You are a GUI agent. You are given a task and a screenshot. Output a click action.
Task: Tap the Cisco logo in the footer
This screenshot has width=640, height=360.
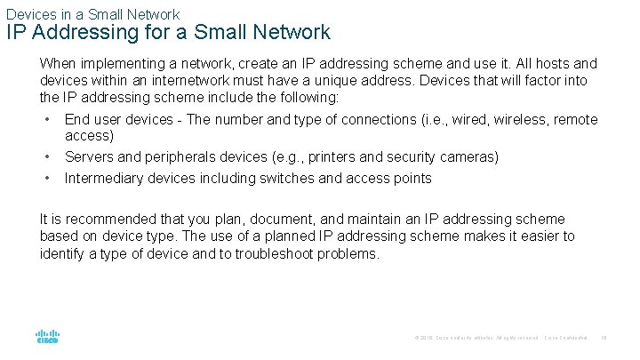[x=47, y=338]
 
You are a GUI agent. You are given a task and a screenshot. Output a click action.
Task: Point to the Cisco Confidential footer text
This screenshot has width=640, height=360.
[x=565, y=338]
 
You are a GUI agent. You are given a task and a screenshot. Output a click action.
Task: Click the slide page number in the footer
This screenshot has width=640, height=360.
[x=603, y=338]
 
